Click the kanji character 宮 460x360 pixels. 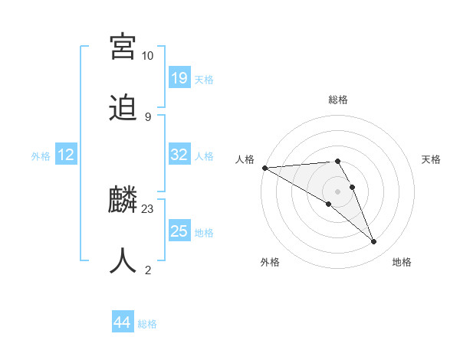coord(123,46)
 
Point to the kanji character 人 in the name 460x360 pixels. coord(123,260)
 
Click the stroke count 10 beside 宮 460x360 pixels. coord(147,56)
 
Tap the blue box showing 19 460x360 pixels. coord(179,78)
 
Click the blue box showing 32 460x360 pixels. coord(179,155)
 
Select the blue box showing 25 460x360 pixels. coord(179,231)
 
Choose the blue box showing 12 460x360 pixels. coord(66,155)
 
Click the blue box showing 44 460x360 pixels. coord(123,322)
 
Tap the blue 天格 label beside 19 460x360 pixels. coord(204,79)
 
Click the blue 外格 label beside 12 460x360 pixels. coord(41,155)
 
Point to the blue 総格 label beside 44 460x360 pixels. coord(147,324)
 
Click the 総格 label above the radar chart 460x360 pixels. coord(338,100)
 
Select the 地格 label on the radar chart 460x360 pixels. coord(402,262)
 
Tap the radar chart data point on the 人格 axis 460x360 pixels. coord(264,168)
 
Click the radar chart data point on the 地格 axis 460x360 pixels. coord(374,242)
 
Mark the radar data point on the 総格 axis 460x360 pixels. coord(337,161)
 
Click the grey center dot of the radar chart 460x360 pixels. coord(337,191)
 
